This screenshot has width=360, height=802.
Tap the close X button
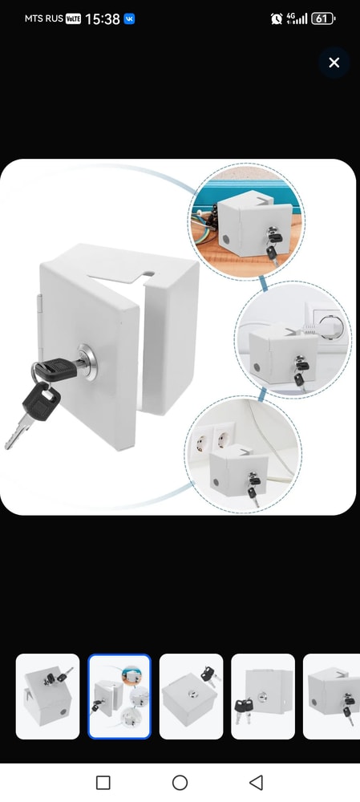(334, 63)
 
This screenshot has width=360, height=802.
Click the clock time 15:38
(103, 19)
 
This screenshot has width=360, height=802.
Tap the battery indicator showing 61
(322, 19)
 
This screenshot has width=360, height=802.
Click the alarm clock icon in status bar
(277, 19)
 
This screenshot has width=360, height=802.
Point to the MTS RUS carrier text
(44, 18)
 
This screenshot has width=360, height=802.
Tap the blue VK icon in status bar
(129, 19)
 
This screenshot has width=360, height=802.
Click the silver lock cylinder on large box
(87, 361)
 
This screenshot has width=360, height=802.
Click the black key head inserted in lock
(55, 369)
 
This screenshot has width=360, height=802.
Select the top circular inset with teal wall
(246, 221)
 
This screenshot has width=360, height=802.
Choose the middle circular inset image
(293, 339)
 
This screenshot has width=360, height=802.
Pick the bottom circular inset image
(243, 454)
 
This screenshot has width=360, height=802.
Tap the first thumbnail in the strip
(47, 696)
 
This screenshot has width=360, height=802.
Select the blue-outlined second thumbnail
(119, 696)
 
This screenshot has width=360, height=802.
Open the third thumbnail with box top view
(192, 696)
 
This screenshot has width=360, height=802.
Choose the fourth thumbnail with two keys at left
(263, 696)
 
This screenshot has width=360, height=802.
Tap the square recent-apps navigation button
(103, 783)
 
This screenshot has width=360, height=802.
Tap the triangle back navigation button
(256, 783)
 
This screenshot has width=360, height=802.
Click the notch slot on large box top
(148, 273)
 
